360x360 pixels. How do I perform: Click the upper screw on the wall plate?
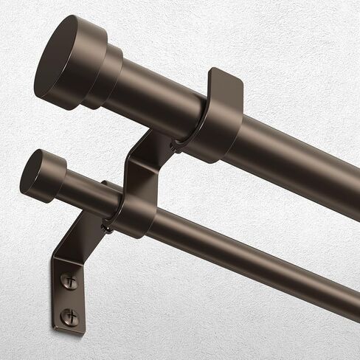click(68, 281)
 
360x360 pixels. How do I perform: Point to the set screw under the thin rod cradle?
click(108, 228)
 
